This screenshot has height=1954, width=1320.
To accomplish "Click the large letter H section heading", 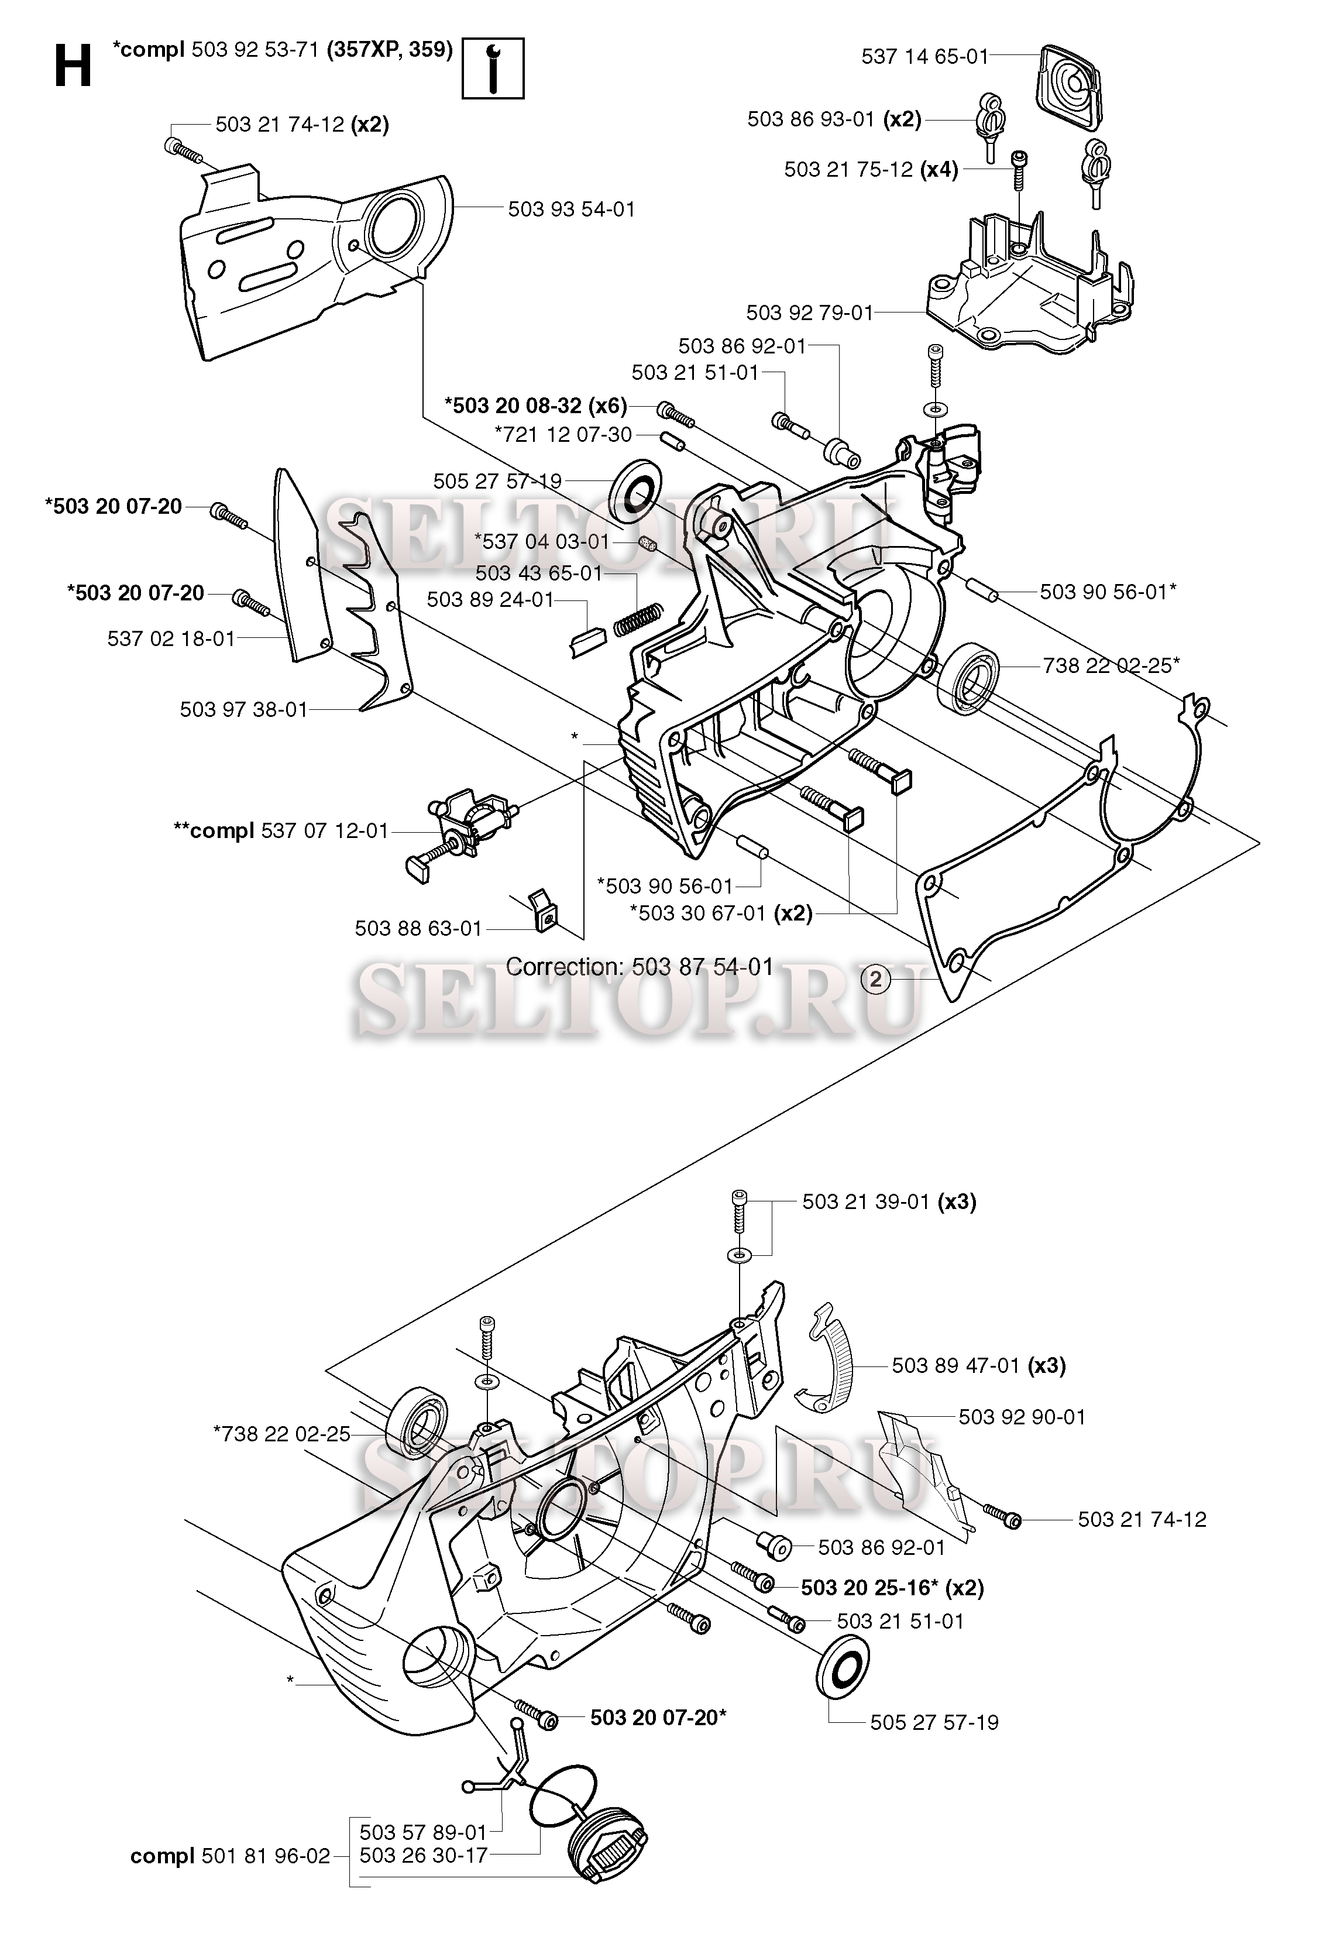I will click(73, 67).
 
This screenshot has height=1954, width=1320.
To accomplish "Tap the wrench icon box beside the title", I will click(493, 67).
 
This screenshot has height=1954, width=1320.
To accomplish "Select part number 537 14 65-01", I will click(924, 57).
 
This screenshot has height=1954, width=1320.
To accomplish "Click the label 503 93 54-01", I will click(571, 210).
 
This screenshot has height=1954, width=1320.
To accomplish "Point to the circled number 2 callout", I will click(876, 978).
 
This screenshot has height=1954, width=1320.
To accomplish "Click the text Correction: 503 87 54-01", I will click(639, 967).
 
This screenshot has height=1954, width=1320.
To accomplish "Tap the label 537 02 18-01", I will click(171, 639).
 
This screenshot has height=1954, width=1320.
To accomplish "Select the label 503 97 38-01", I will click(244, 710).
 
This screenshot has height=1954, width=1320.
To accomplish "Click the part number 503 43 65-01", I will click(539, 574).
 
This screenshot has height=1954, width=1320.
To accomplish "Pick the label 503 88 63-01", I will click(418, 928).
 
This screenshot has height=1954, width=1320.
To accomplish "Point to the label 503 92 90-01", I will click(1022, 1417).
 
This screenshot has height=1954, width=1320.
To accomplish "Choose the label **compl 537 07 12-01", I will click(281, 832).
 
